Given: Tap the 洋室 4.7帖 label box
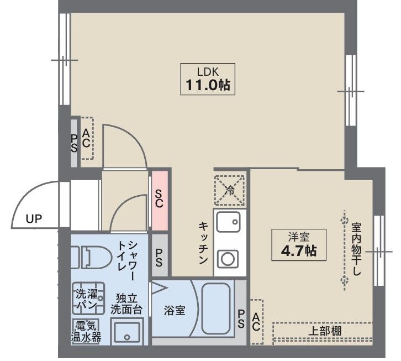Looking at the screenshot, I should [x=298, y=245].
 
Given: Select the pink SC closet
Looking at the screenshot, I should [x=159, y=202].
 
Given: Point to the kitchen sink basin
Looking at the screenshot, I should [x=229, y=223].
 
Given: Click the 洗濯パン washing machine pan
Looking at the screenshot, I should [x=88, y=299].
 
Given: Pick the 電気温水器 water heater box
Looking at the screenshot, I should [x=86, y=331].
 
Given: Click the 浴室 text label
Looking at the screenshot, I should [x=175, y=310].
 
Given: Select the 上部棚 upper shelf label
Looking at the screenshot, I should [x=324, y=331].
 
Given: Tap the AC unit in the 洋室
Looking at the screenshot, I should [x=256, y=322].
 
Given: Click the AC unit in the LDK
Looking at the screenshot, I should [x=87, y=138].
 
